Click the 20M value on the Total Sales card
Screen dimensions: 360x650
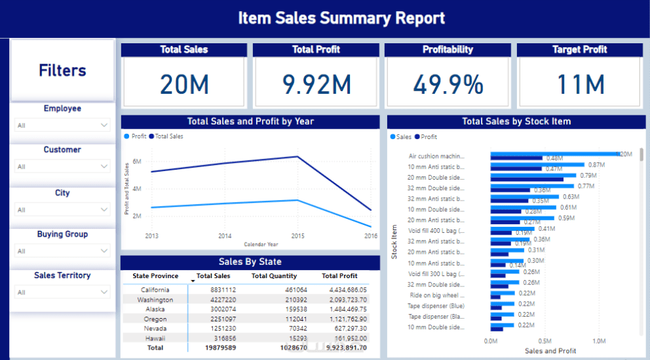(184, 85)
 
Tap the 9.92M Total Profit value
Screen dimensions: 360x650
(316, 85)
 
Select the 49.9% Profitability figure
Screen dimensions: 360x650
(448, 85)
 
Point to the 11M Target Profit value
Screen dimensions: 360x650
(581, 85)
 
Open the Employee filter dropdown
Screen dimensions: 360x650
(63, 125)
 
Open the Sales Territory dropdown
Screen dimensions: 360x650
(63, 292)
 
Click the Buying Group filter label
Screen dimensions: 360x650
(62, 234)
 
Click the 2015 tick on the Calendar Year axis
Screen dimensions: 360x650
(298, 236)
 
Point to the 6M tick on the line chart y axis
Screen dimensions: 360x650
(137, 161)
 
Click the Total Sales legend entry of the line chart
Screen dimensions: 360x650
(169, 136)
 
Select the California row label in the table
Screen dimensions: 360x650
(155, 290)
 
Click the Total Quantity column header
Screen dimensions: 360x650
(274, 276)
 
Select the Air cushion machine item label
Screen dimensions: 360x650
(436, 157)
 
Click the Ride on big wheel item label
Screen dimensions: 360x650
(437, 296)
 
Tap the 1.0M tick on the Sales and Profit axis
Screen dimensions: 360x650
(598, 341)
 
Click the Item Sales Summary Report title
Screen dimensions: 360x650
(341, 18)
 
